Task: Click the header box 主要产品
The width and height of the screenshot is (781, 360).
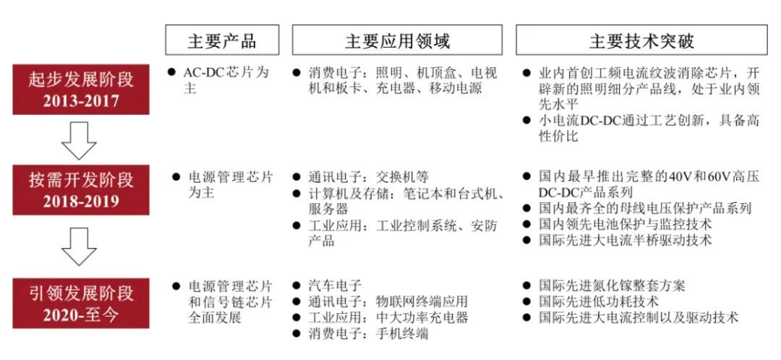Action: (222, 40)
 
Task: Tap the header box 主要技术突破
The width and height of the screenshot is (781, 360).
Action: (641, 40)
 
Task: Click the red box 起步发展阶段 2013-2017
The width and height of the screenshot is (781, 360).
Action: (81, 88)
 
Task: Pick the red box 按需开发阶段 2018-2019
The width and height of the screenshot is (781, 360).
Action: (81, 190)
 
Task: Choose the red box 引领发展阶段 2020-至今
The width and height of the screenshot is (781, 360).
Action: (81, 303)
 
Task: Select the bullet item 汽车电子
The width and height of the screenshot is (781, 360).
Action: (335, 286)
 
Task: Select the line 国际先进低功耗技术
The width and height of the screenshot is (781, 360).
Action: (601, 301)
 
